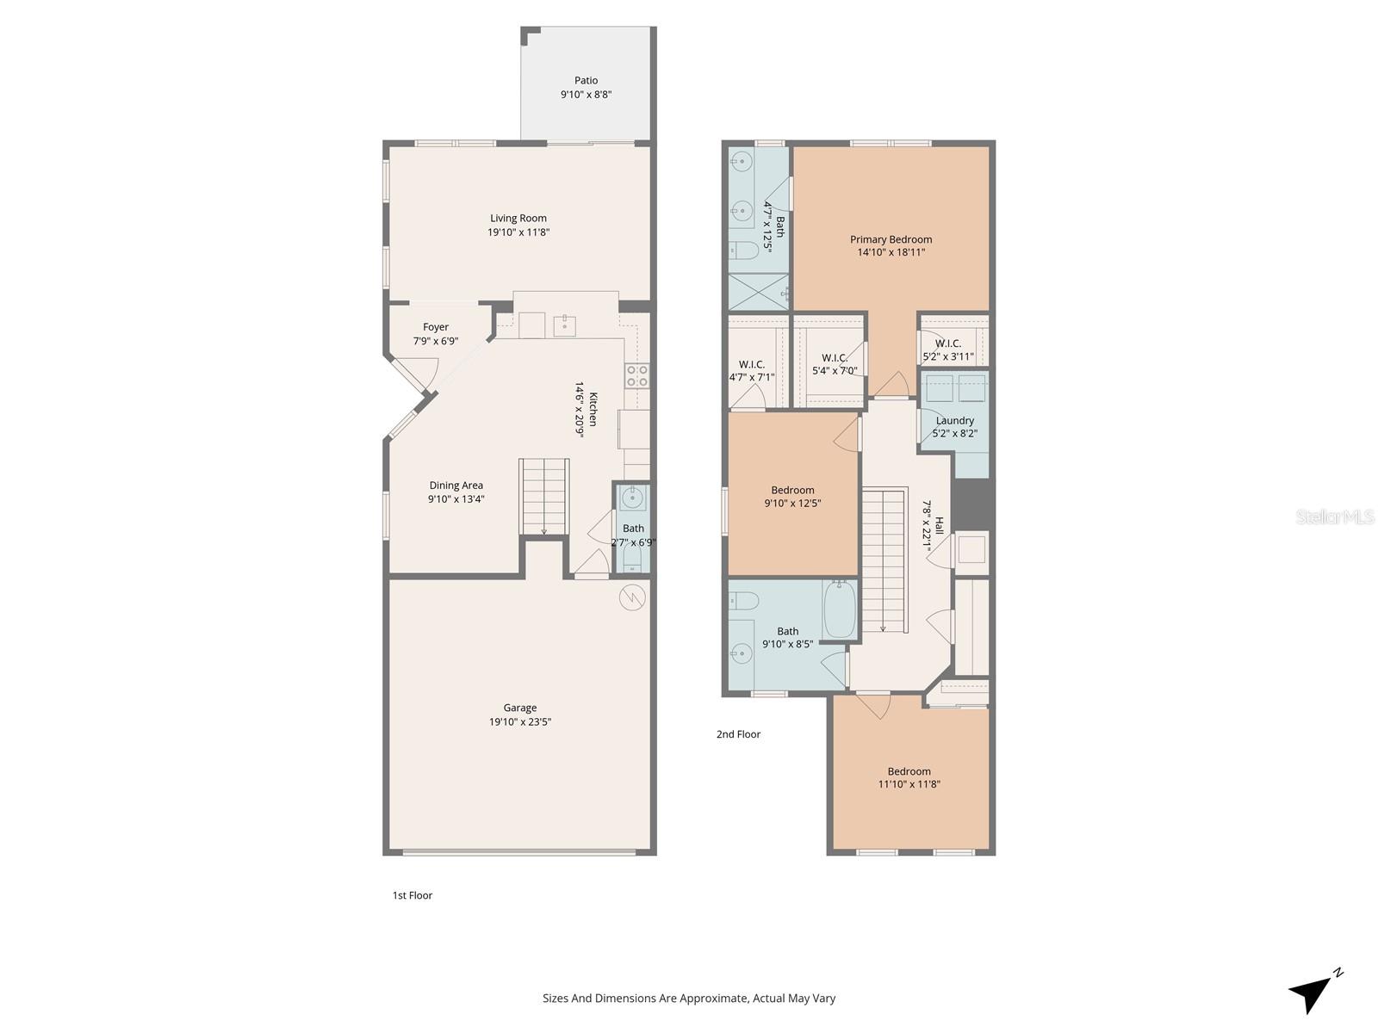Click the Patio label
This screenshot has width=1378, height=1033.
coord(586,81)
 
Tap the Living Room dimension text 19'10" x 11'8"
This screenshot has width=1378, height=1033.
coord(518,232)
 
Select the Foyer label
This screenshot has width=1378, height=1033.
coord(436,327)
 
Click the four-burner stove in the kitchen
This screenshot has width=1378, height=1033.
coord(636,375)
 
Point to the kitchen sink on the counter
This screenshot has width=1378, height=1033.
coord(564,325)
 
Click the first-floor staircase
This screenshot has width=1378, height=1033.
coord(543,496)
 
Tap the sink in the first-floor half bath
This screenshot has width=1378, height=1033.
coord(633,498)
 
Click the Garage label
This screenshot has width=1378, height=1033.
coord(520,708)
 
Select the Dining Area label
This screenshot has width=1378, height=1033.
coord(456,486)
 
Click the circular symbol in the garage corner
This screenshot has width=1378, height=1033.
coord(632,597)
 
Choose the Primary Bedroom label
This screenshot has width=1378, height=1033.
coord(891,239)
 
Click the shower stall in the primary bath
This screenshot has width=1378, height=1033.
coord(758,292)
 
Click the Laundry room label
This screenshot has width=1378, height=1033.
coord(954,421)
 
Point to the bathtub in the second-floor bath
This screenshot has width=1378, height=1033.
coord(839,609)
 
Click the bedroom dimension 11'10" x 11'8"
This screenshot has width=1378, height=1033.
coord(909,784)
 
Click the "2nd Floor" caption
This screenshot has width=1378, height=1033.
coord(738,734)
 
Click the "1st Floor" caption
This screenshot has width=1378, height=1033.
coord(413,895)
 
